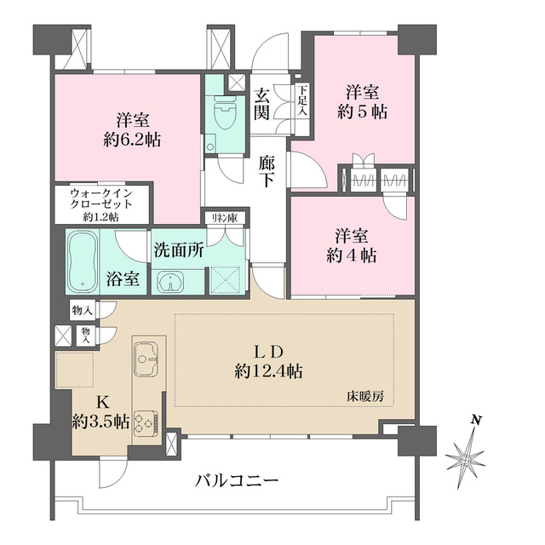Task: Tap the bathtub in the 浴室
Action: tap(83, 261)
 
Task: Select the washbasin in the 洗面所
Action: tap(170, 281)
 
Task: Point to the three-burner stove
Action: tap(146, 423)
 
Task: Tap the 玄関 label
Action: tap(261, 104)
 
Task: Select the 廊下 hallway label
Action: tap(267, 172)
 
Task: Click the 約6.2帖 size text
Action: tap(132, 140)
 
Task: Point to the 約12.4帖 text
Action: tap(268, 371)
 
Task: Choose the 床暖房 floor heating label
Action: tap(365, 396)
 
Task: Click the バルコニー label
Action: tap(237, 481)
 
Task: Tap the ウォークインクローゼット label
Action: tap(101, 198)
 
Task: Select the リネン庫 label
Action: tap(225, 218)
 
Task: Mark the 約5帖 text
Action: tap(362, 112)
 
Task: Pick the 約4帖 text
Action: tap(352, 255)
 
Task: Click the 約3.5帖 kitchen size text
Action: tap(101, 422)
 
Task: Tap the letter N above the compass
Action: tap(475, 421)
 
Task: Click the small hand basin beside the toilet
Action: tap(210, 146)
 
